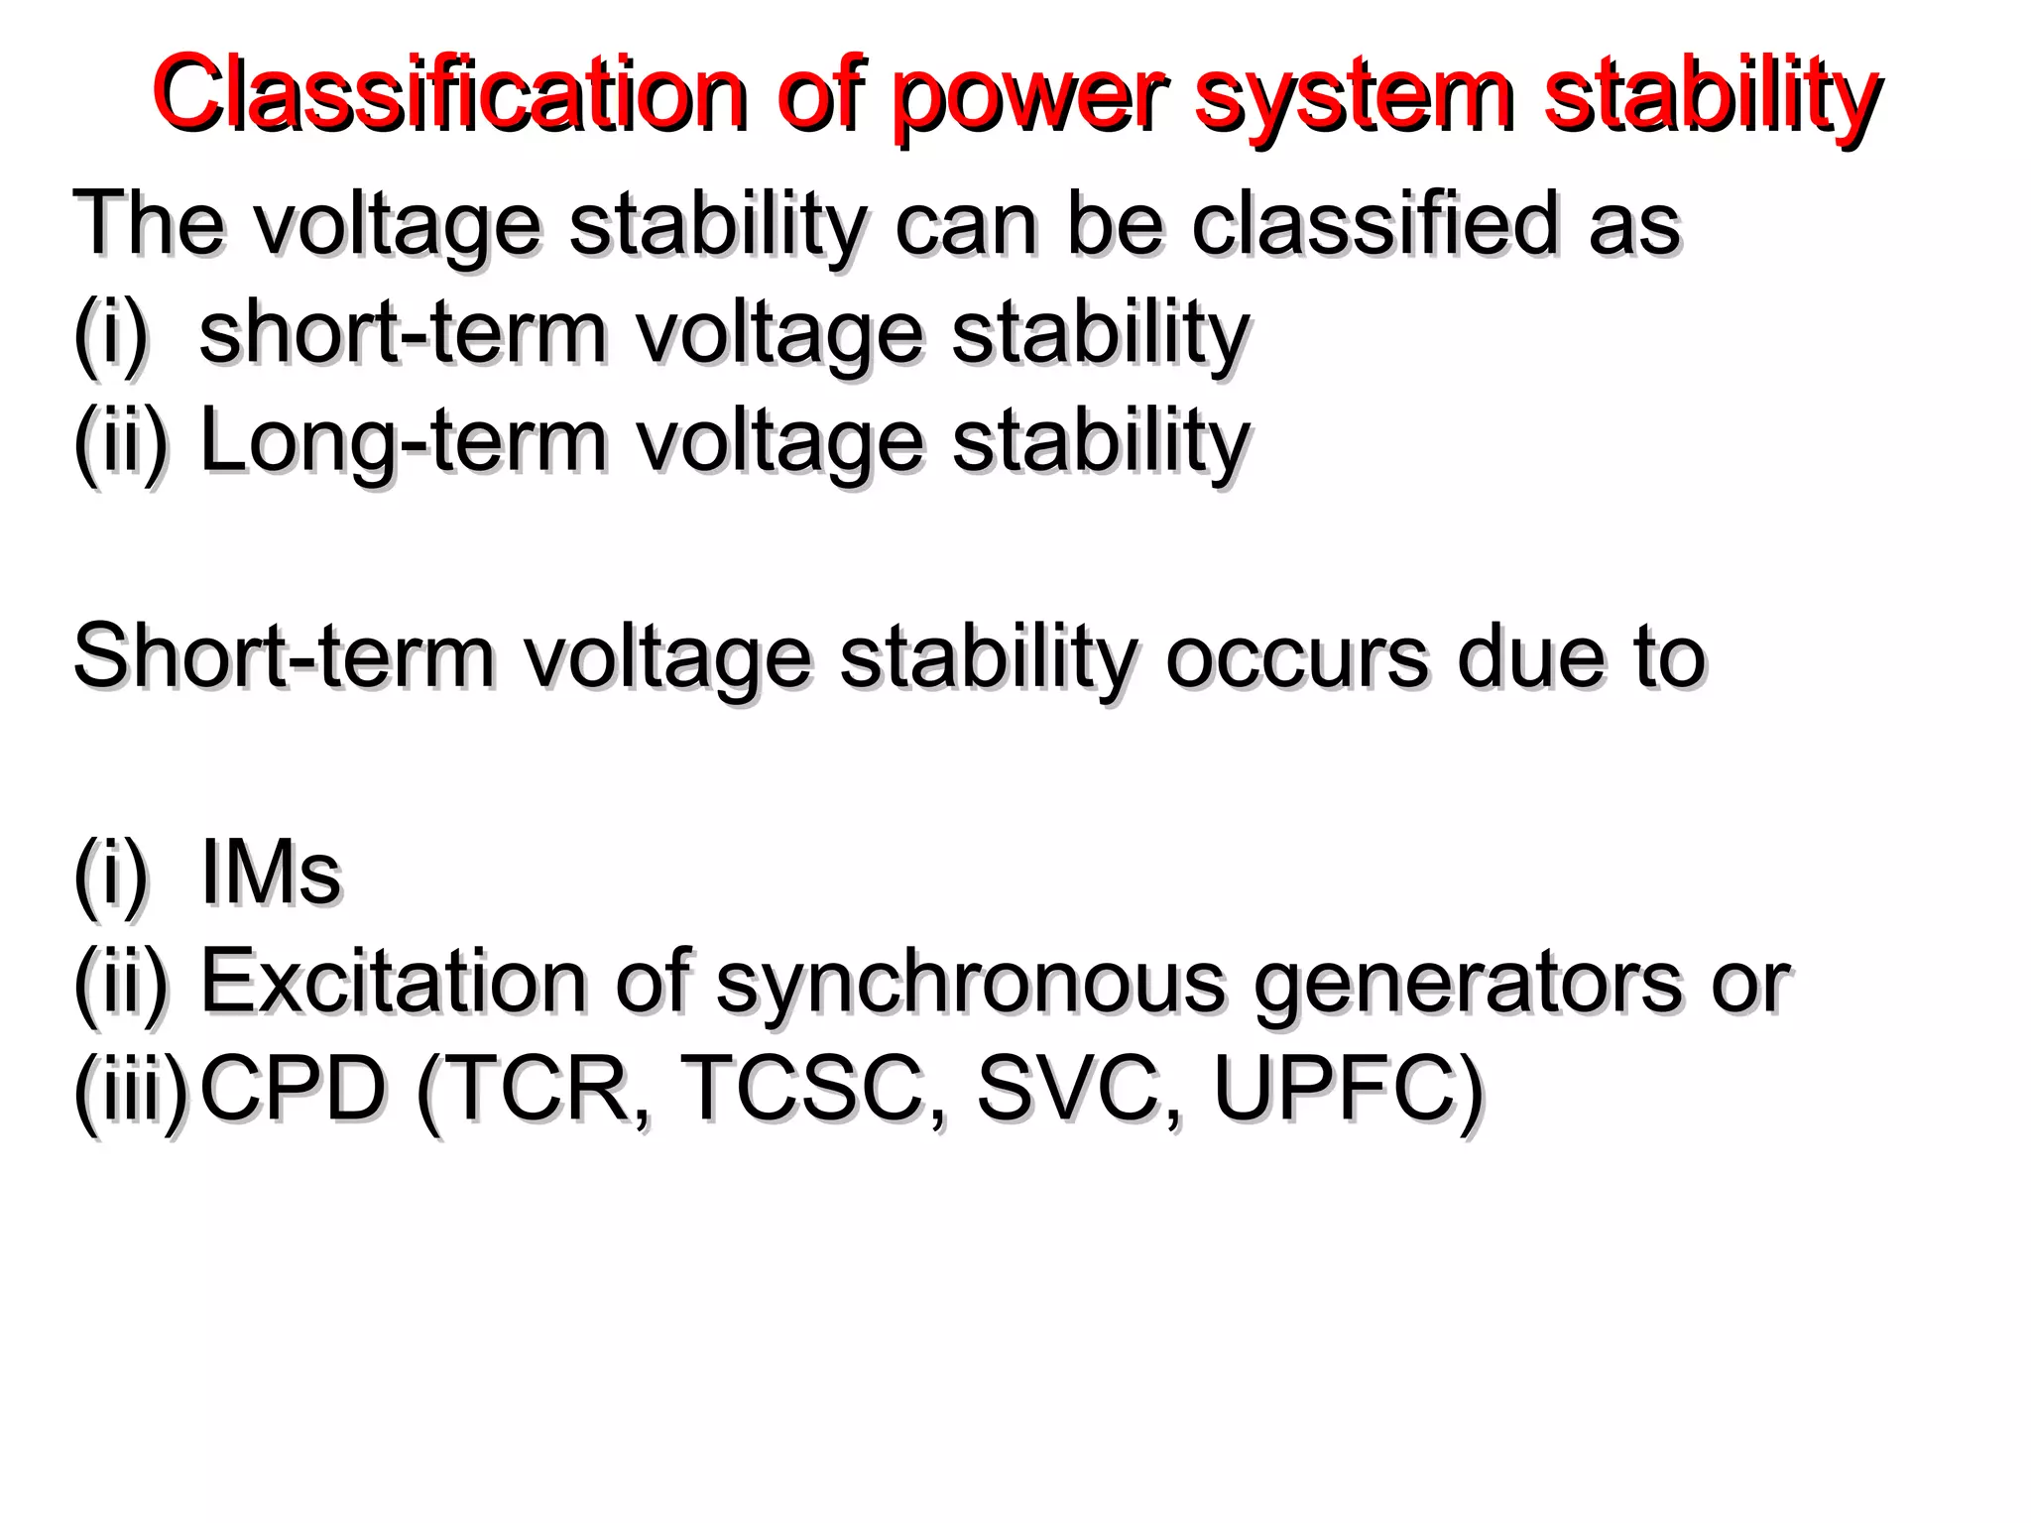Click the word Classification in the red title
click(x=449, y=94)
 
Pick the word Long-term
click(x=402, y=441)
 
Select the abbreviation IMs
click(x=271, y=873)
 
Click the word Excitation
click(x=394, y=982)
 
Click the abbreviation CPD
click(x=293, y=1089)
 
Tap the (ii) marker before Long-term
click(x=121, y=442)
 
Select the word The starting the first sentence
click(x=149, y=224)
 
